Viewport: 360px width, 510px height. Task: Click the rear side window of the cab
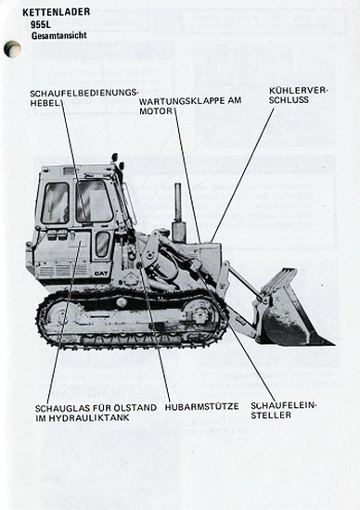coord(56,203)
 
